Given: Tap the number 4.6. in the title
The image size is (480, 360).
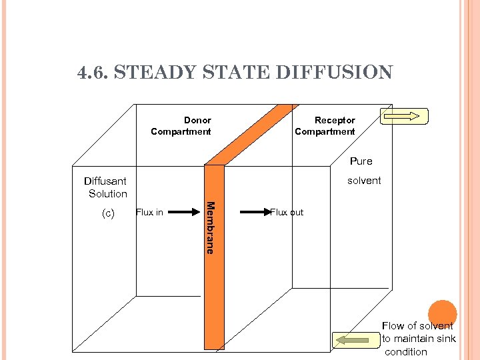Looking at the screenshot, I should click(93, 72).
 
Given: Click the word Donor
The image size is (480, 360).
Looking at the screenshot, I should click(197, 121).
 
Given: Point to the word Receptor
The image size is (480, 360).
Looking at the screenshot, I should click(335, 121).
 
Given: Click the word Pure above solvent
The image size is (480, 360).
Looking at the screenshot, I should click(361, 161).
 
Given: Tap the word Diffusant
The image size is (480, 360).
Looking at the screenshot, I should click(105, 181).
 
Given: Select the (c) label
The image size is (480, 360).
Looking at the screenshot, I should click(108, 213).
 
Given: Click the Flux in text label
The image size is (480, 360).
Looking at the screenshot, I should click(149, 213).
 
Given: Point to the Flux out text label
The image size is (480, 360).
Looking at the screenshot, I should click(287, 213).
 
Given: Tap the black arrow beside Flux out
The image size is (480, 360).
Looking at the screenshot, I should click(253, 213).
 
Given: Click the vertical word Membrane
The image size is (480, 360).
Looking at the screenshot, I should click(210, 227).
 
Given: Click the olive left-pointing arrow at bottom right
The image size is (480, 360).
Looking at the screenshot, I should click(353, 340).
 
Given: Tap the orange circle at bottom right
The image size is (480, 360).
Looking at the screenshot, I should click(442, 314).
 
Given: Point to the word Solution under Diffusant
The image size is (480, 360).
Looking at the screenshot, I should click(108, 194).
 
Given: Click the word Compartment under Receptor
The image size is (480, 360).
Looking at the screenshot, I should click(325, 132).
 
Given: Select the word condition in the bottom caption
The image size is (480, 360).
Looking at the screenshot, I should click(406, 352).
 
